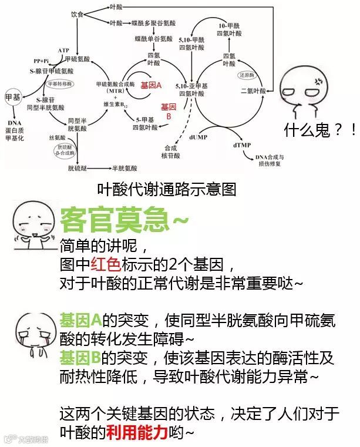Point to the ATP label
coord(64,51)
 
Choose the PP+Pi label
coord(41,61)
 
